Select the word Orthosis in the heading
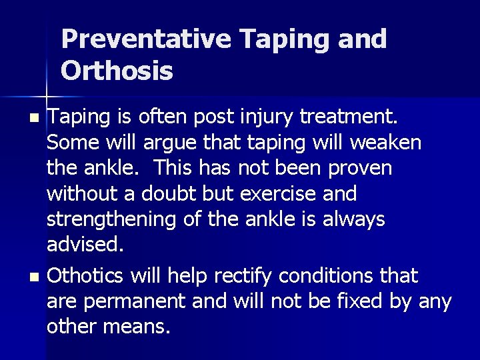point(117,70)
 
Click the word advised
point(85,244)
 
